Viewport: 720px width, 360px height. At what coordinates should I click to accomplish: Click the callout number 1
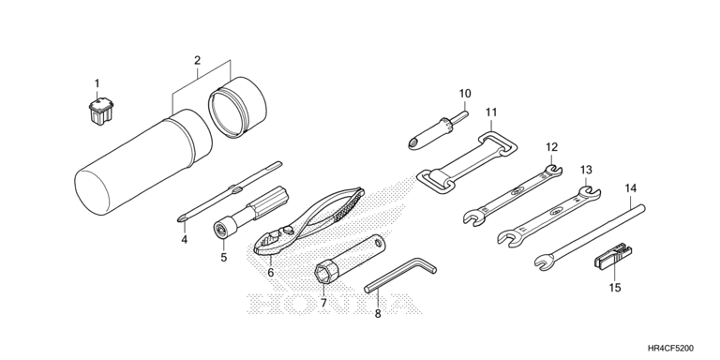(x=97, y=83)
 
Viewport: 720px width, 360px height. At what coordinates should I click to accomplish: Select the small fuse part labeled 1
(x=100, y=111)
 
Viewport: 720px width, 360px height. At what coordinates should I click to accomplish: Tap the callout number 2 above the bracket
(x=198, y=60)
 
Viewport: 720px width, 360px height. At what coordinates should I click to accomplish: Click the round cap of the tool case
(x=237, y=107)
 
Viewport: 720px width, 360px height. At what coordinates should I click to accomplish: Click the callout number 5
(x=224, y=257)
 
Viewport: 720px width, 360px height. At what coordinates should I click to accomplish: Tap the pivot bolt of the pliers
(x=288, y=228)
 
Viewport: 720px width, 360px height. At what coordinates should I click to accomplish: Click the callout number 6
(x=270, y=273)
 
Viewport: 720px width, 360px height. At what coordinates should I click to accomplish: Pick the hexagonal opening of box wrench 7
(x=322, y=274)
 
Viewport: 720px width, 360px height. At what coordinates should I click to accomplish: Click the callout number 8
(x=378, y=314)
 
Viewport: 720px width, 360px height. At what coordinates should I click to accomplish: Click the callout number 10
(x=465, y=94)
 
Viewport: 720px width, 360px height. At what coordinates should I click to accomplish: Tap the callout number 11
(x=491, y=112)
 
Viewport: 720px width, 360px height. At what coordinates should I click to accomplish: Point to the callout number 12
(x=551, y=147)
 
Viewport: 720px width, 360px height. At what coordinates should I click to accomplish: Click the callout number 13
(x=586, y=170)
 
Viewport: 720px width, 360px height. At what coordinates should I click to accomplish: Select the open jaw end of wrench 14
(x=544, y=263)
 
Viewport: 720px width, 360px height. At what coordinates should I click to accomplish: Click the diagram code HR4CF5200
(x=670, y=348)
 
